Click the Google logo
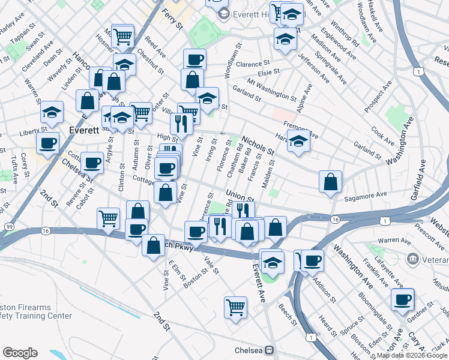click(20, 353)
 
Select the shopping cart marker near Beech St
click(236, 307)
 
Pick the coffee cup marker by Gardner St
click(403, 299)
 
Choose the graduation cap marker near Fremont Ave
click(298, 140)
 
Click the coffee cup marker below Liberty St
click(47, 143)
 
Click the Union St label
click(238, 196)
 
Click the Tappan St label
click(19, 37)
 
